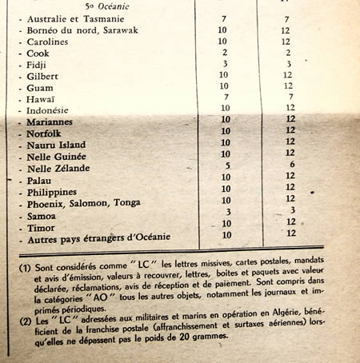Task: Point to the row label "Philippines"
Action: coord(51,193)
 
